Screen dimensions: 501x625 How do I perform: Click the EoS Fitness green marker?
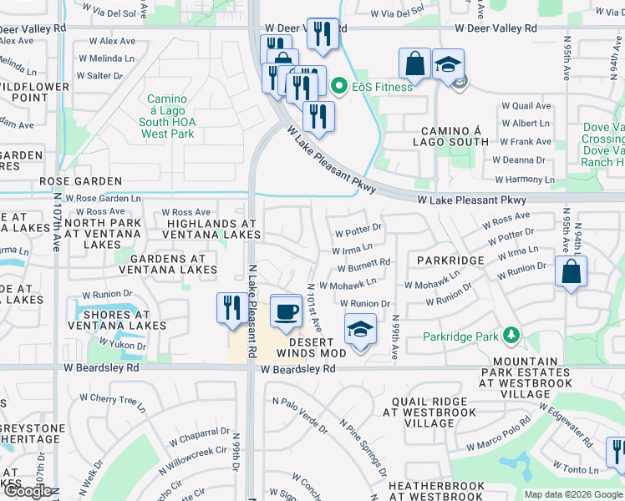[x=339, y=86]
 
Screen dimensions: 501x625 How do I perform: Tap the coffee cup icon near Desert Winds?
[x=286, y=311]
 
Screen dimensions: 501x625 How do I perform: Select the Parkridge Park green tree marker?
[x=509, y=337]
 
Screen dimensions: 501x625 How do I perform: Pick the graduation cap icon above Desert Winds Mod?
[x=360, y=329]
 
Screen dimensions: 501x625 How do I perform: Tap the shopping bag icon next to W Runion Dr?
[x=571, y=271]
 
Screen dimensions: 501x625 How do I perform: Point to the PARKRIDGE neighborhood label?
[x=450, y=261]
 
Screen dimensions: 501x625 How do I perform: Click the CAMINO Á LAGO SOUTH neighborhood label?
[x=455, y=137]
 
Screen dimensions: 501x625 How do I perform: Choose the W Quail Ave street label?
[x=526, y=106]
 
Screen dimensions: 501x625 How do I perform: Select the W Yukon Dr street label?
[x=122, y=343]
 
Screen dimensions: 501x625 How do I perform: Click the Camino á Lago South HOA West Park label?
[x=168, y=116]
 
